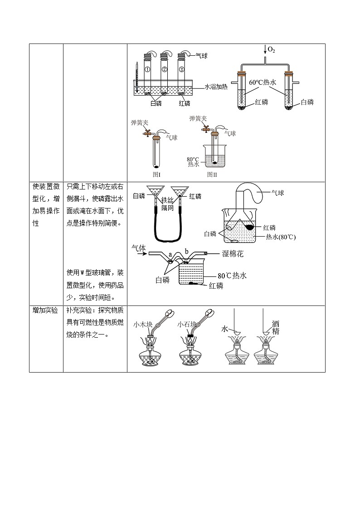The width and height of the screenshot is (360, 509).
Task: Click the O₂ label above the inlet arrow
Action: click(271, 49)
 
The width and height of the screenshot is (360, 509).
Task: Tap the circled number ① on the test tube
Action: click(147, 69)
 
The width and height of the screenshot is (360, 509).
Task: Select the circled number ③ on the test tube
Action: click(181, 69)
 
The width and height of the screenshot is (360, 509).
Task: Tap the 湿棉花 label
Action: click(233, 254)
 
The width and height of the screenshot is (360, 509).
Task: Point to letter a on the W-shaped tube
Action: click(170, 255)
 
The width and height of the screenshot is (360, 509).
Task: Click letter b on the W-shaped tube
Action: click(186, 252)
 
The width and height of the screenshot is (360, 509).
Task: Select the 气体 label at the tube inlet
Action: click(138, 248)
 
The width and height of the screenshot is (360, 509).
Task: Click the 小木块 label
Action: click(143, 325)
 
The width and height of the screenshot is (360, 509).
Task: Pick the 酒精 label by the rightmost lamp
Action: click(276, 328)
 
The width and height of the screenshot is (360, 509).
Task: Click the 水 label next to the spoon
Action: click(224, 328)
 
